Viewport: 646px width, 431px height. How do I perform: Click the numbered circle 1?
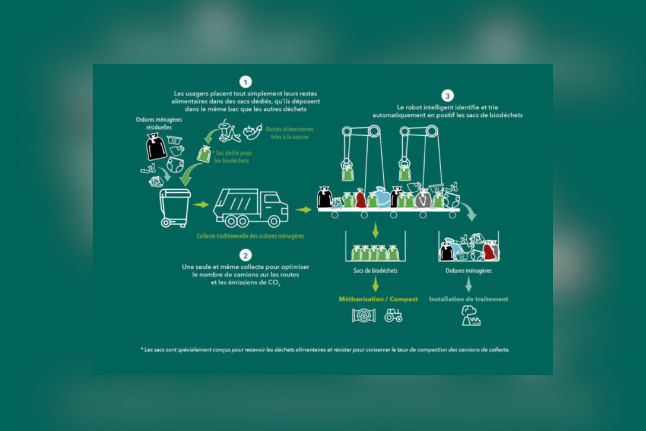coord(245,82)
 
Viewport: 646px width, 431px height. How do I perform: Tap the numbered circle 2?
coord(245,255)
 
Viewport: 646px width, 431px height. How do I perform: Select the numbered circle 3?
coord(447,96)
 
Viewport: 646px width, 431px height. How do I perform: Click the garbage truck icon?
coord(250,208)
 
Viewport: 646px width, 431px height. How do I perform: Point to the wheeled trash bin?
coord(174,208)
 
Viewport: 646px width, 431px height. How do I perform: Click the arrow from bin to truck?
coord(200,205)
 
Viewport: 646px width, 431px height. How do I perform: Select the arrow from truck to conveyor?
coord(304,210)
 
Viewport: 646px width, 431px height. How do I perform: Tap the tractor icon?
coord(393,315)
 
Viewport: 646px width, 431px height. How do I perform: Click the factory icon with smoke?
coord(471,316)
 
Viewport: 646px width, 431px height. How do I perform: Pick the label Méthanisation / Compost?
coord(378,299)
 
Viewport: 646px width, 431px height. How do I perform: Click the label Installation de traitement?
coord(468,299)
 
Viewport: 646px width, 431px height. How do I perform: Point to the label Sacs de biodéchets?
coord(375,270)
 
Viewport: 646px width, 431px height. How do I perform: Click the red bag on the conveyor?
coord(361,198)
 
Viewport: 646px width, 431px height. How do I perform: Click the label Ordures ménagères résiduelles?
coord(159,123)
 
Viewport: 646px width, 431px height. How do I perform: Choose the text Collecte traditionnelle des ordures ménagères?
coord(250,236)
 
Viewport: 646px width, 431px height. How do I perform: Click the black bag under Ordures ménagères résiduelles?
coord(156,147)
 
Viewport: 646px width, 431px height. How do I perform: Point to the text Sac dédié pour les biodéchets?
coord(232,157)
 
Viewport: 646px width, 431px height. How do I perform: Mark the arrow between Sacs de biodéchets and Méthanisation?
coord(375,284)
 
